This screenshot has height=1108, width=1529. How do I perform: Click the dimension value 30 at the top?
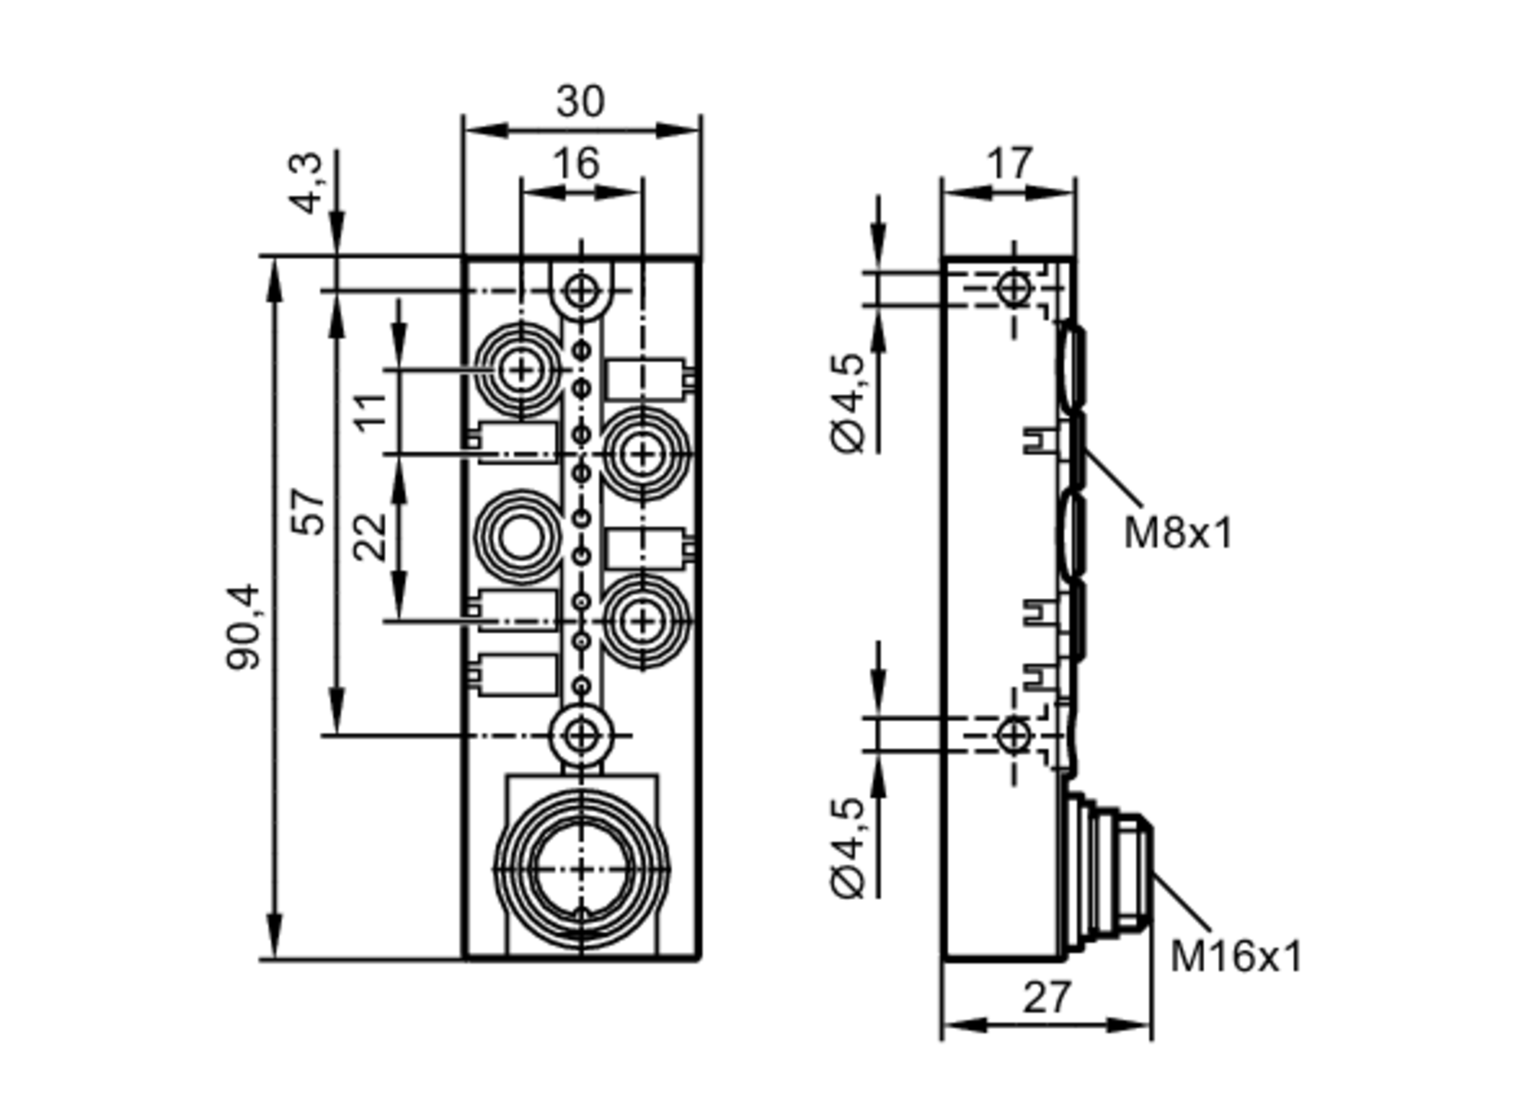click(x=580, y=102)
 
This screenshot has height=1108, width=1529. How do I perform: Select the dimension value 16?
click(x=576, y=164)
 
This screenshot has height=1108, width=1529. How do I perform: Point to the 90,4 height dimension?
click(x=244, y=627)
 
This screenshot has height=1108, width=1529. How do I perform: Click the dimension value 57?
click(x=309, y=511)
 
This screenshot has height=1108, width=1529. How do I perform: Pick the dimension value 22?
click(x=370, y=537)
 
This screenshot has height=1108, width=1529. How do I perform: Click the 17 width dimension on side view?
click(x=1009, y=164)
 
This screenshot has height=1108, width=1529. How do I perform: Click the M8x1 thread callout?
click(x=1178, y=533)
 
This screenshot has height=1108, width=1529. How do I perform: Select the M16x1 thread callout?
click(x=1235, y=957)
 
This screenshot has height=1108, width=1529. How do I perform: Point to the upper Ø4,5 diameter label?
click(x=849, y=403)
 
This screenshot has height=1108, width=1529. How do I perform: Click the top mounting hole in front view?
click(x=582, y=291)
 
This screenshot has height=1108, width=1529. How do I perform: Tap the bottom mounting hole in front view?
click(x=582, y=736)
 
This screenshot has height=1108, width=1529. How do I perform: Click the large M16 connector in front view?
click(x=582, y=869)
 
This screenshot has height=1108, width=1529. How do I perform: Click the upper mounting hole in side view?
click(x=1014, y=289)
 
